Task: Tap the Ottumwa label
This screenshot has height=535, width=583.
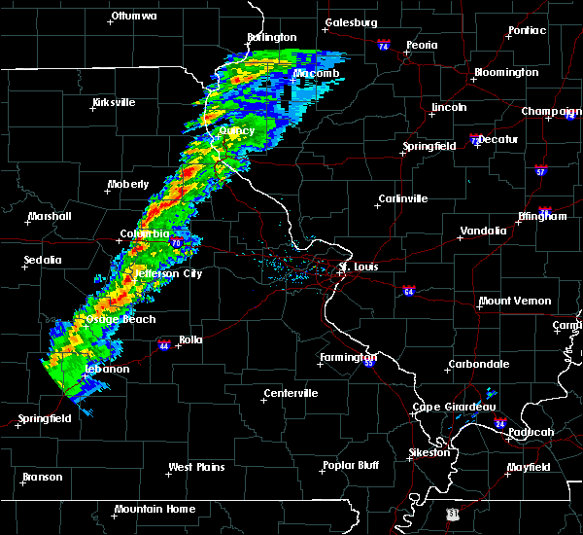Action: tap(135, 16)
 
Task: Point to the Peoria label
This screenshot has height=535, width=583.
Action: tap(422, 45)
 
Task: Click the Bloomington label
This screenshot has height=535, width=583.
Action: tap(505, 73)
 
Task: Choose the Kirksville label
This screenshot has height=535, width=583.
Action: tap(114, 102)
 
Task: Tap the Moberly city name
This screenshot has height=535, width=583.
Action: tap(128, 184)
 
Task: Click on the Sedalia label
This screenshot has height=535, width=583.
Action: tap(43, 260)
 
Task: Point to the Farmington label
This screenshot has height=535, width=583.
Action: tap(347, 357)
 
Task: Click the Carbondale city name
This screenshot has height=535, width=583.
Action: tap(478, 365)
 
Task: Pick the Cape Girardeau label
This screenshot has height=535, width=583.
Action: tap(455, 407)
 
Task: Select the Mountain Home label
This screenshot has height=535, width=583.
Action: tap(154, 509)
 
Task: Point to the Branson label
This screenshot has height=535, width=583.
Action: tap(43, 477)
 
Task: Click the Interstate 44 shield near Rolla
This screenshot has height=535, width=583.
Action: tap(163, 344)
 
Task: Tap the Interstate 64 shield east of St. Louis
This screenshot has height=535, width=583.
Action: tap(410, 290)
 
